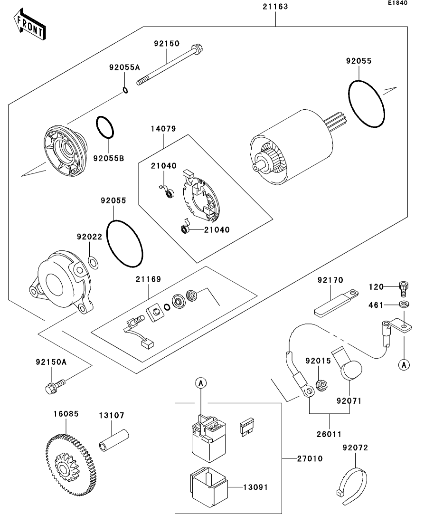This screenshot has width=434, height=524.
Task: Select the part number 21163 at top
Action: coord(275,6)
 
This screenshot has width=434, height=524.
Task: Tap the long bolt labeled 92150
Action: coord(170,66)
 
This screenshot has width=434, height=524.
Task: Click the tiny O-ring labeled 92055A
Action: coord(125,90)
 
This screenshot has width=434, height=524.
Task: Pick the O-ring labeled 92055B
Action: coord(105,127)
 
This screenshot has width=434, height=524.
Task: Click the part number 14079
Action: coord(163,129)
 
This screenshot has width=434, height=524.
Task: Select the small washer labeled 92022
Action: coord(93,262)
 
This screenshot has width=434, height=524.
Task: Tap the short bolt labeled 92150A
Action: coord(56,385)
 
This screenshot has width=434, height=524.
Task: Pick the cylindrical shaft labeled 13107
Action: coord(114,440)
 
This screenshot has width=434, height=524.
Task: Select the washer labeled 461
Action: coord(404,305)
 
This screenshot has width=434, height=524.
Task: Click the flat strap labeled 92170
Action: coord(336,303)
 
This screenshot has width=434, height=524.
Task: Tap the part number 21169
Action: coord(148,279)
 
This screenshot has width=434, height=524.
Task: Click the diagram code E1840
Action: coord(397,3)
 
